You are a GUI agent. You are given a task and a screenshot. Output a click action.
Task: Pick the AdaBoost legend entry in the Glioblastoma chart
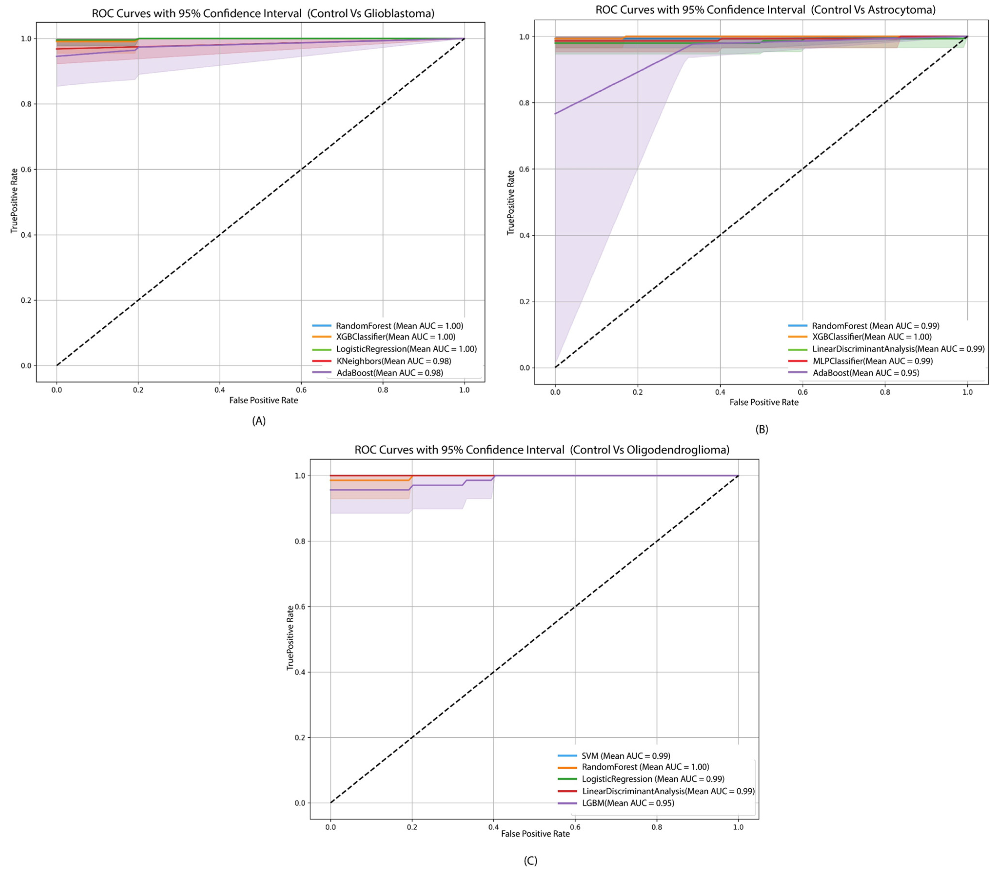(390, 372)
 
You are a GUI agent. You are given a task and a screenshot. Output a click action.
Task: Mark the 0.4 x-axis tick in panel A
(220, 390)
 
